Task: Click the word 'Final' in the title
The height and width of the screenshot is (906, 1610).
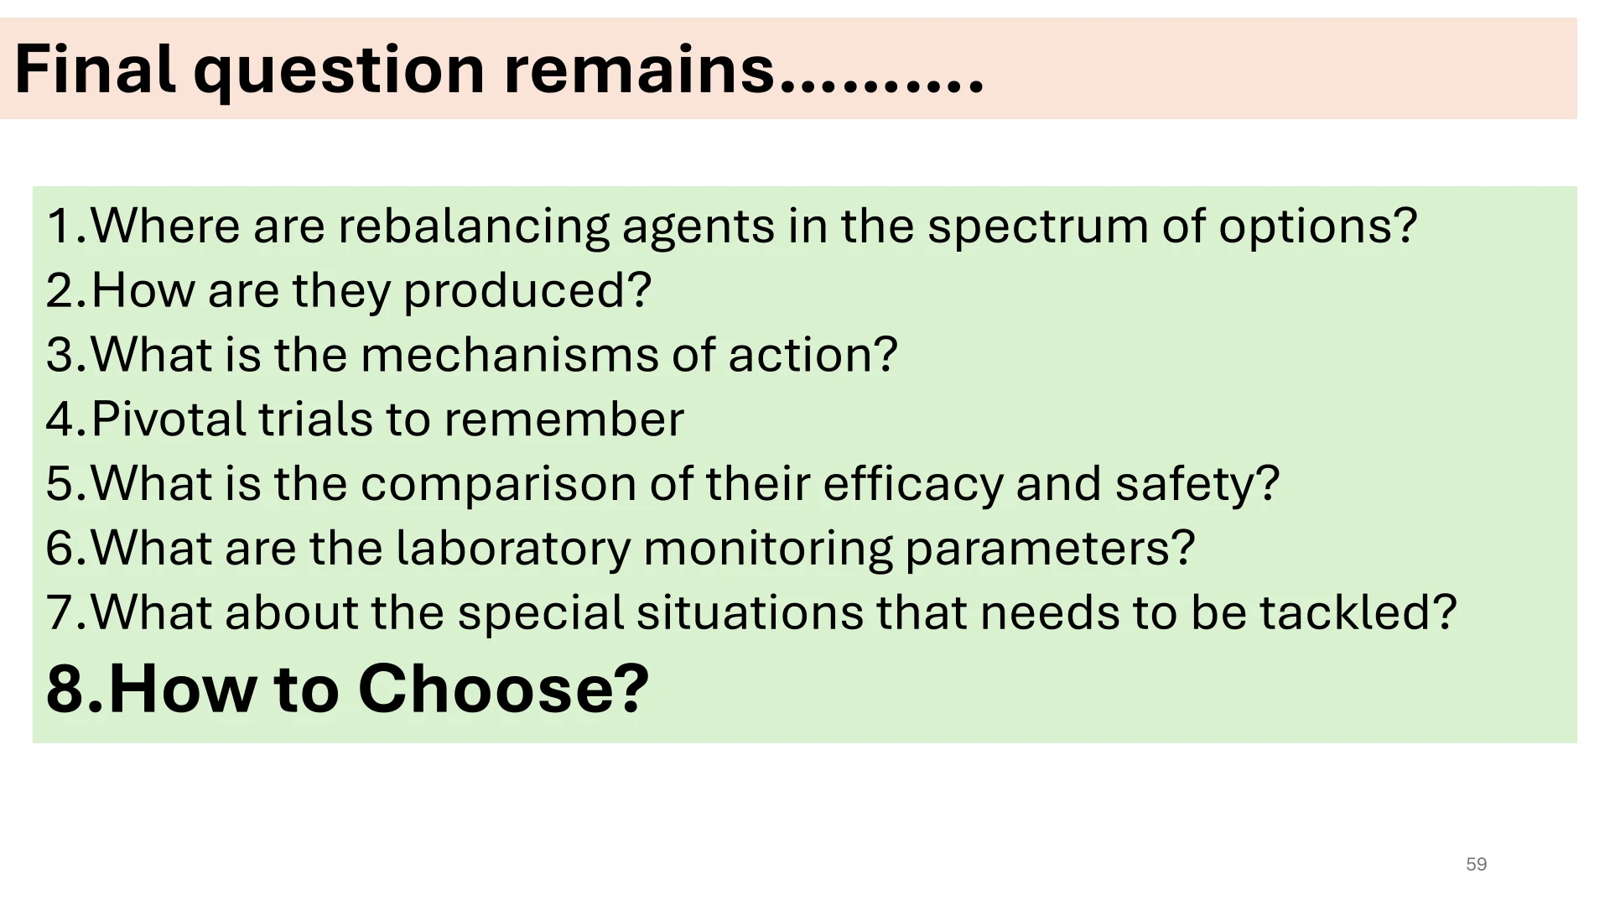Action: [x=95, y=69]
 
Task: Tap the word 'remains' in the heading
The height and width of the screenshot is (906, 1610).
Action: [x=640, y=69]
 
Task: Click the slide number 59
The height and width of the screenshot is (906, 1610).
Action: [x=1477, y=864]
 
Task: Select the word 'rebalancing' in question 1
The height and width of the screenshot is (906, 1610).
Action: [x=473, y=227]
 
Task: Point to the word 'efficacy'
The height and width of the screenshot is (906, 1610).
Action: [x=912, y=486]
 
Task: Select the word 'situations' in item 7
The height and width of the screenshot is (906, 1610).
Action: [x=750, y=612]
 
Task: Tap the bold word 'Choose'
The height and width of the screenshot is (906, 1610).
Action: [x=493, y=689]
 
